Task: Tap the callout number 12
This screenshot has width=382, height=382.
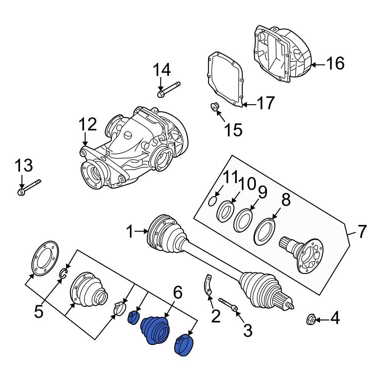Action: [88, 125]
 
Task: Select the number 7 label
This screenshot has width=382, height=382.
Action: [361, 231]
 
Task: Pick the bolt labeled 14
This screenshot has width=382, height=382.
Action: [168, 89]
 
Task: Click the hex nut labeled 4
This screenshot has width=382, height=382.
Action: [311, 319]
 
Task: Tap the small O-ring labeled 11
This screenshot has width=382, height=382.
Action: [213, 201]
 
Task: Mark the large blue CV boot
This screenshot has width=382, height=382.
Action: [156, 330]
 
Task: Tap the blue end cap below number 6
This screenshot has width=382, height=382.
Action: [184, 344]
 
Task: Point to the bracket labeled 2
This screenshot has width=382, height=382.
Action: [207, 286]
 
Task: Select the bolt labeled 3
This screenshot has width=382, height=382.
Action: [228, 305]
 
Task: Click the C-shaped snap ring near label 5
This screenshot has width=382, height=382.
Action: [64, 272]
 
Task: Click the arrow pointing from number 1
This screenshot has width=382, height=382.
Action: [142, 231]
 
